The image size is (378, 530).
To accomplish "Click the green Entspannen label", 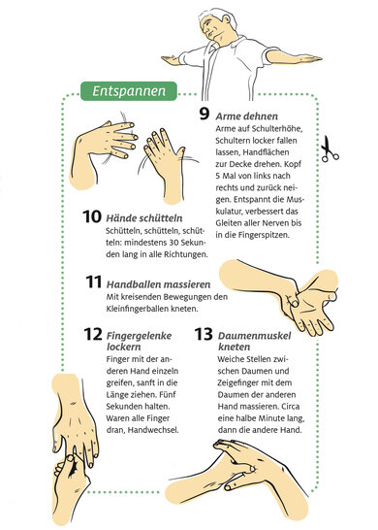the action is (x=129, y=91).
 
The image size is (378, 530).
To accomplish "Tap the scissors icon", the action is (x=329, y=149).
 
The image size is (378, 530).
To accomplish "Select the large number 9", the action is (x=205, y=114).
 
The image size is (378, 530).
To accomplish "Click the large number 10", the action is (x=92, y=216).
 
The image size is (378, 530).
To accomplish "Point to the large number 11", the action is (x=93, y=282).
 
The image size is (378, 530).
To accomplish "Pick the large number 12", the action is (x=93, y=334).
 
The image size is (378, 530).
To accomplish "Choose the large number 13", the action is (x=204, y=334).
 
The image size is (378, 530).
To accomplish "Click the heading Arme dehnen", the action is (x=247, y=116).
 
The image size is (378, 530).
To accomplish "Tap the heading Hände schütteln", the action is (x=144, y=218).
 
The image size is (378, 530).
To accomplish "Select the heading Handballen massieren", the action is (x=158, y=284).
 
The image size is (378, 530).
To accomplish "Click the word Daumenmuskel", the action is (x=254, y=336).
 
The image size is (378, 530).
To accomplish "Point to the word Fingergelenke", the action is (x=139, y=336).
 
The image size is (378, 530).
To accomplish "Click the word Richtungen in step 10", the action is (x=186, y=254).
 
